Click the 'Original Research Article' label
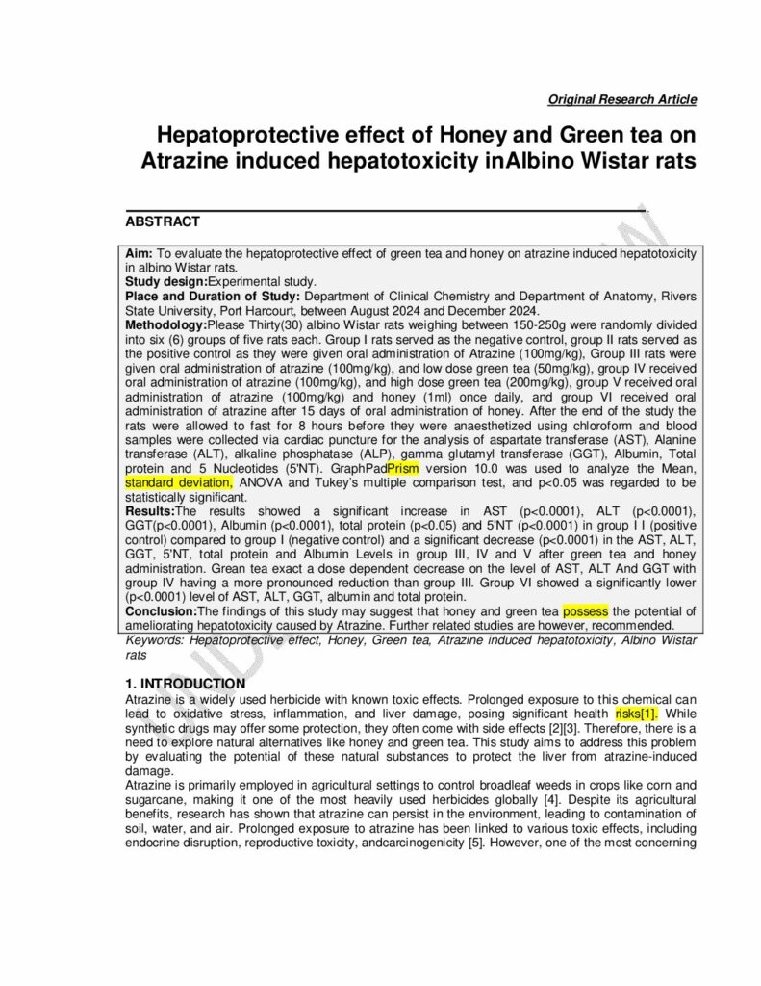coord(621,99)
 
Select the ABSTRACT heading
coord(163,221)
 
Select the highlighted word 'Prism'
coord(402,469)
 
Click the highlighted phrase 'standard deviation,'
coord(179,482)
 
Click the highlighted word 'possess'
coord(585,611)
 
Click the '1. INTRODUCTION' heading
coord(186,684)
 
